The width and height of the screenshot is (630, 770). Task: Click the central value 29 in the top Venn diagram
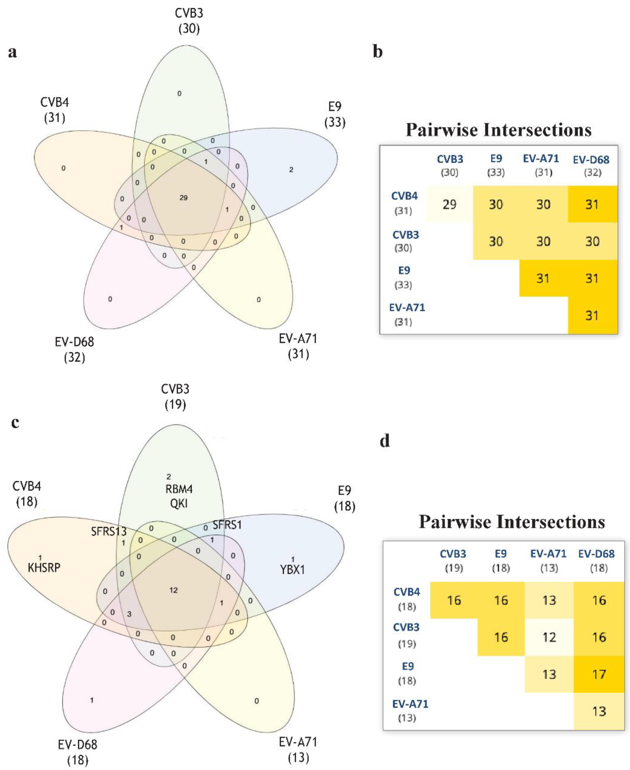click(183, 198)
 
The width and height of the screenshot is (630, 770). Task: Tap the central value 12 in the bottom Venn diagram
click(173, 590)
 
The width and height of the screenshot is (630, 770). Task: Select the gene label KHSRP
click(44, 568)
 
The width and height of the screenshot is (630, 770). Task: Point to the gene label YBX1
click(292, 570)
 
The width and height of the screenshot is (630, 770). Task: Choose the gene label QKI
click(179, 503)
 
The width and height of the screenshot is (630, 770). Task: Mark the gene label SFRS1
click(227, 525)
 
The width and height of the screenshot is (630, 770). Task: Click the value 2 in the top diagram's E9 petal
click(291, 169)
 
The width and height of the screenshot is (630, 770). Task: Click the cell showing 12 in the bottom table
click(549, 637)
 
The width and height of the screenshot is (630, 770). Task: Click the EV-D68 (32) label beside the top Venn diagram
click(74, 350)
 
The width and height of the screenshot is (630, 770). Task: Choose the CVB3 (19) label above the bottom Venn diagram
click(175, 397)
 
